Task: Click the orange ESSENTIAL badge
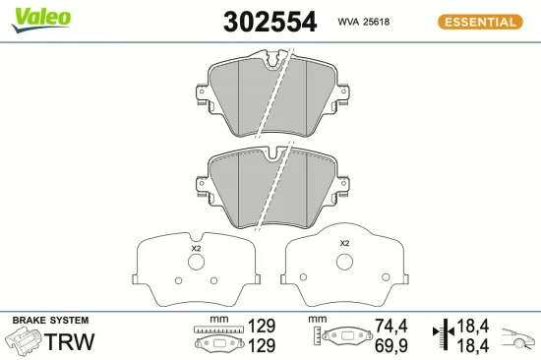478,21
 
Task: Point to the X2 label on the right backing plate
344,243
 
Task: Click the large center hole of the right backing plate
344,262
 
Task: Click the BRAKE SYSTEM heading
50,321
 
